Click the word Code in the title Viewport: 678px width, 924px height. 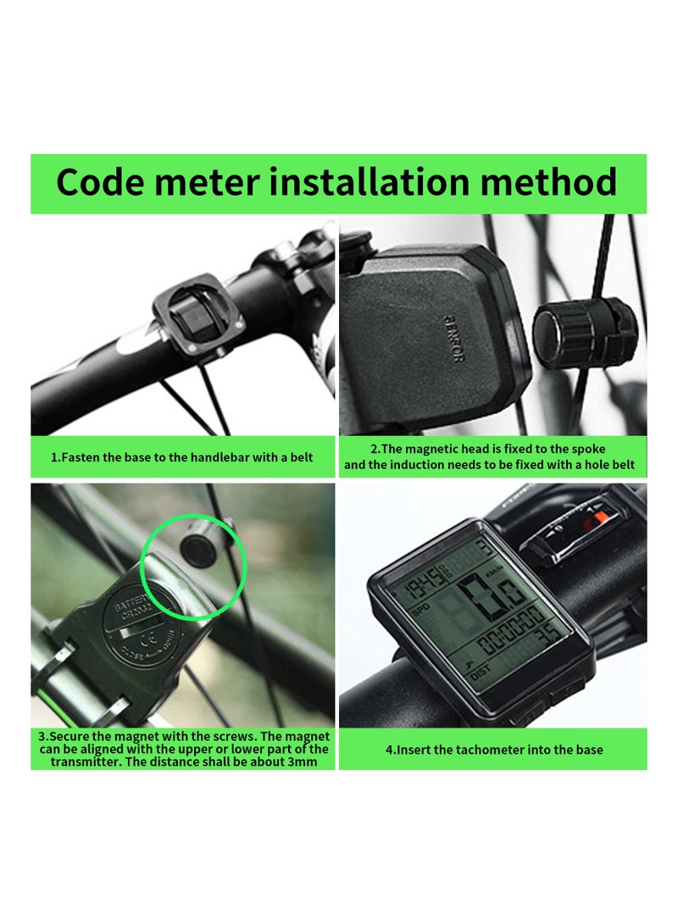pyautogui.click(x=107, y=183)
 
